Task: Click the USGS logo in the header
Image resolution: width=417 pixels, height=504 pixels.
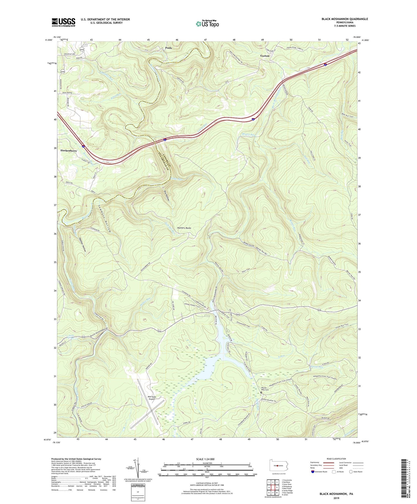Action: (x=63, y=22)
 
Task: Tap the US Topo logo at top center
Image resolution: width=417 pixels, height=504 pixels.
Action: (x=207, y=24)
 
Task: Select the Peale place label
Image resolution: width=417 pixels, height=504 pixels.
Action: (x=168, y=48)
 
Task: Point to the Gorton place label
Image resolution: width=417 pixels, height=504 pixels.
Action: (x=265, y=56)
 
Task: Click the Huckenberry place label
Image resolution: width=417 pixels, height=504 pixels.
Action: (x=68, y=151)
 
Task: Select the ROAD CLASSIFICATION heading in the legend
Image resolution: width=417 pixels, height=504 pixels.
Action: (x=336, y=459)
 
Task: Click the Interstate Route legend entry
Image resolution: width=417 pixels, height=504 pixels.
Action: (x=321, y=472)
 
